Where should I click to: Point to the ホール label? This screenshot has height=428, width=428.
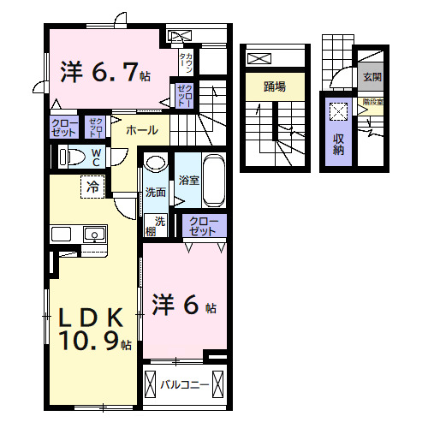click(x=141, y=130)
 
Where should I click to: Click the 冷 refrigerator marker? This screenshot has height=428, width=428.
click(x=90, y=183)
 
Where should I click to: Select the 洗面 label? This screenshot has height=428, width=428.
click(x=155, y=192)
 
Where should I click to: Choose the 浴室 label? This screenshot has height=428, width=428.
click(x=187, y=181)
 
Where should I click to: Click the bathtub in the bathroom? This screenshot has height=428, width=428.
click(x=213, y=180)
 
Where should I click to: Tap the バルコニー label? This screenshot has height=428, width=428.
click(x=185, y=384)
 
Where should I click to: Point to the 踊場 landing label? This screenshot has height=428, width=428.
click(x=274, y=86)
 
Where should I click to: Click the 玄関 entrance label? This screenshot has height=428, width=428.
click(x=372, y=77)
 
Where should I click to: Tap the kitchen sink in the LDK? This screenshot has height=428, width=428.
click(x=92, y=234)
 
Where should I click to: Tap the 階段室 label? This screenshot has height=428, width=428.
click(x=372, y=100)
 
